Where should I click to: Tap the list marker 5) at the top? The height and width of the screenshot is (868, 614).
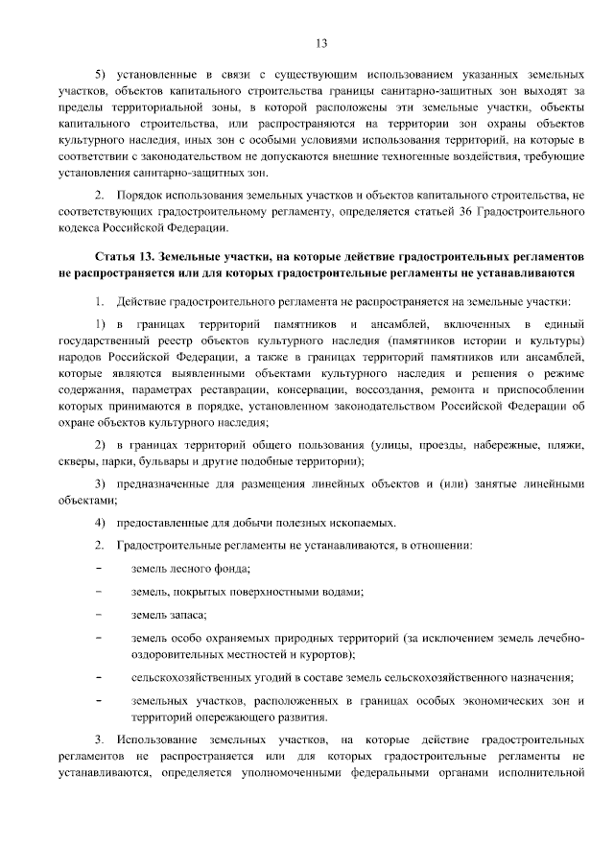pyautogui.click(x=99, y=74)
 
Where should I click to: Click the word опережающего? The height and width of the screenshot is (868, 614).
pyautogui.click(x=213, y=717)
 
